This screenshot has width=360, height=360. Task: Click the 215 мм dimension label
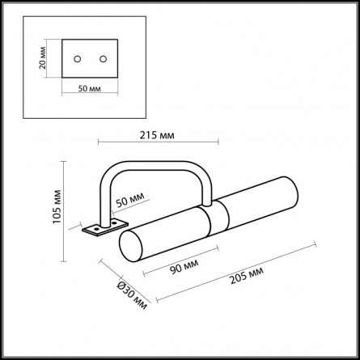[157, 135]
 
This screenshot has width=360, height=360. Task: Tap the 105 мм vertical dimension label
[57, 207]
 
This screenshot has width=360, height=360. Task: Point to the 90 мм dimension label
[184, 266]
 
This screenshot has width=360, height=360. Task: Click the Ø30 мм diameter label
[133, 295]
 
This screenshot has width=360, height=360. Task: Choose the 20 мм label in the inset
[43, 58]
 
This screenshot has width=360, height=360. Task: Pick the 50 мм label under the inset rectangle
[90, 88]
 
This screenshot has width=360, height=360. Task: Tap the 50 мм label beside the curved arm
[130, 200]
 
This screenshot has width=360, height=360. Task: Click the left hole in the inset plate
[78, 59]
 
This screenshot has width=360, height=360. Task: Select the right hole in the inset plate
[103, 59]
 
